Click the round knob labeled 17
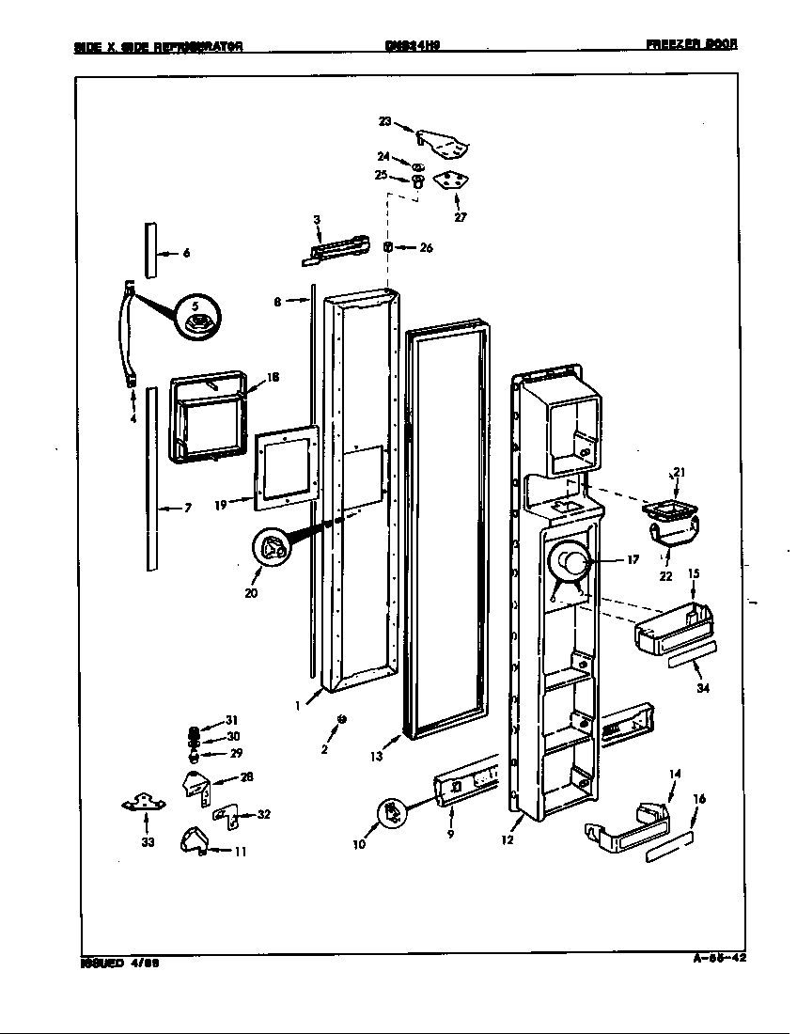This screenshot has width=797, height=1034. coord(569,566)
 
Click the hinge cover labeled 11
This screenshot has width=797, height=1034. coord(195,839)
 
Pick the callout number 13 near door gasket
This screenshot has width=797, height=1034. coord(376,755)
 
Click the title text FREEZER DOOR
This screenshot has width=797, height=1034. coord(691,44)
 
